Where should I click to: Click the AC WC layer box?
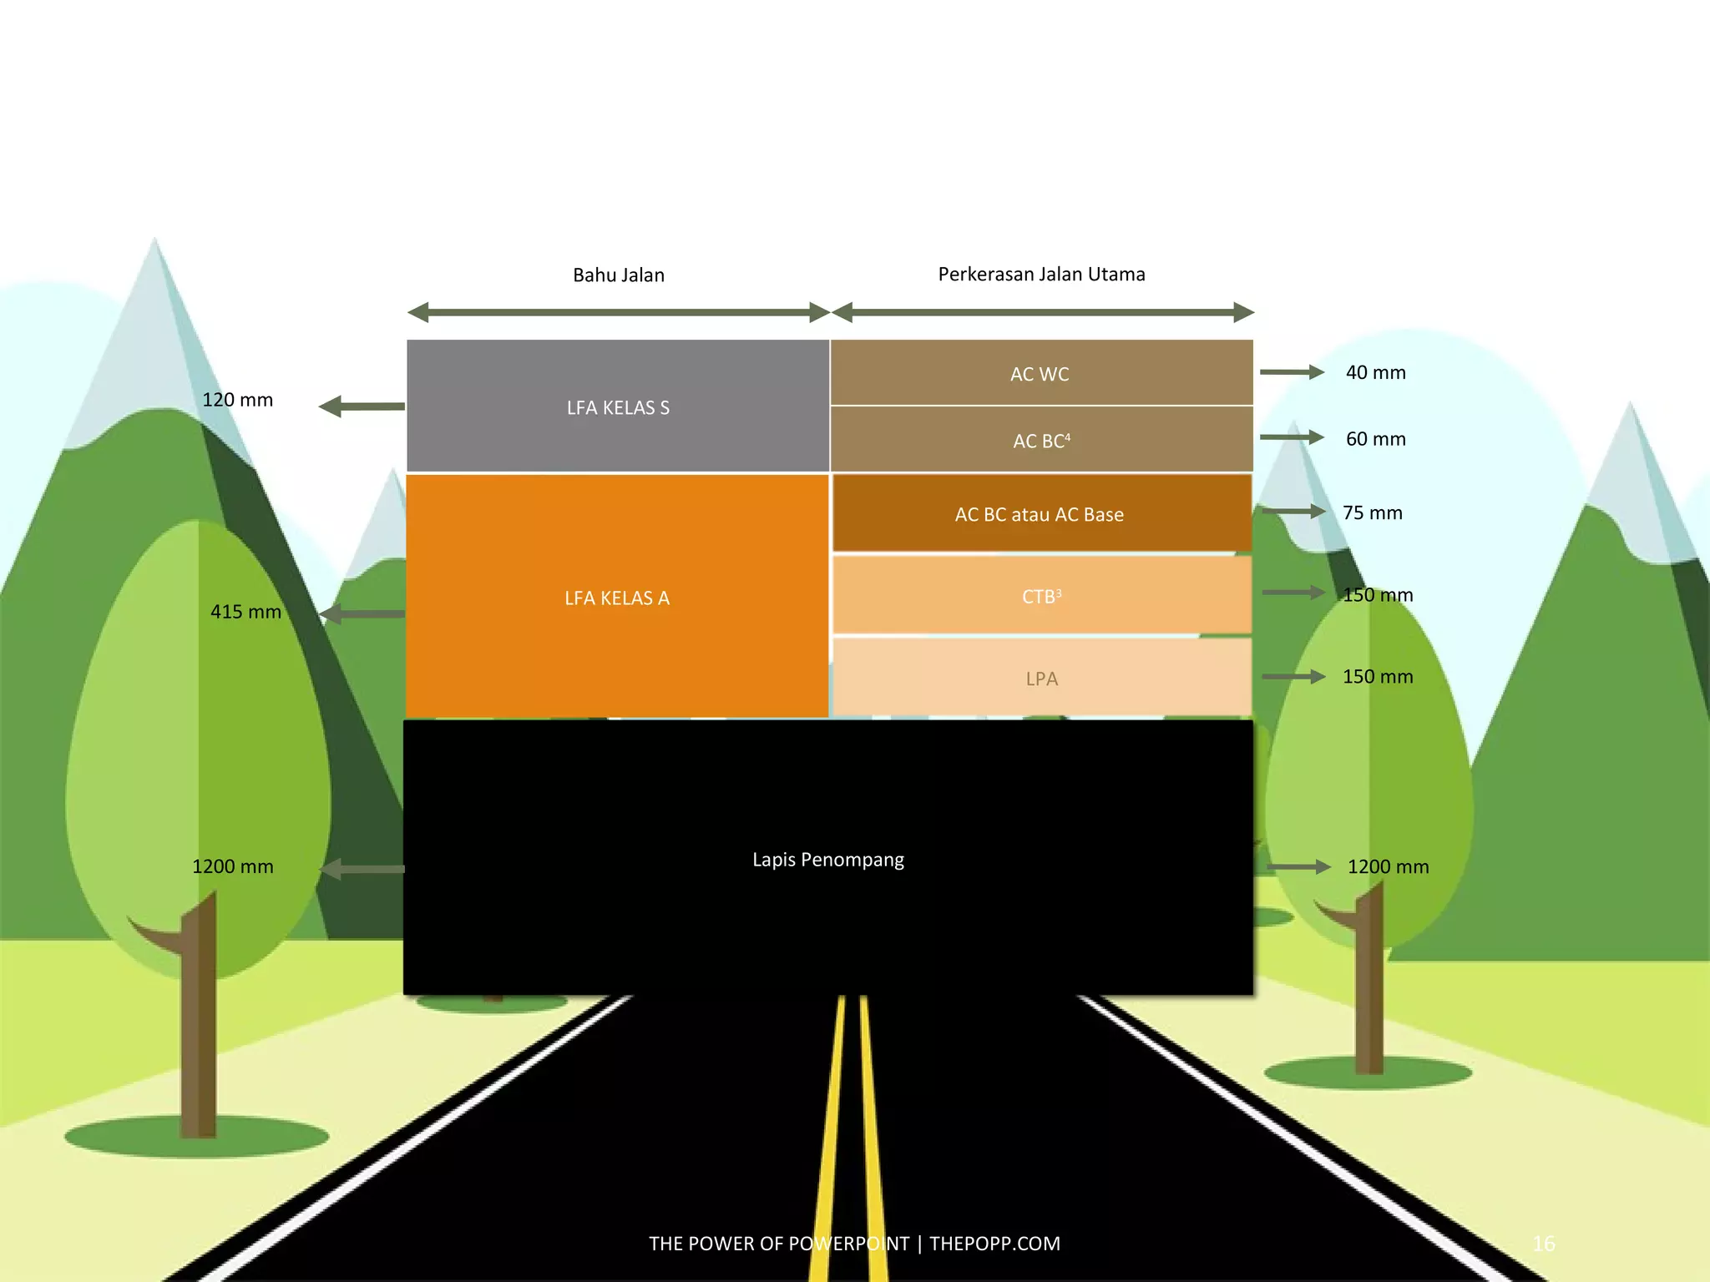(1041, 372)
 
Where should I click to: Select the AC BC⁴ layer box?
(1041, 439)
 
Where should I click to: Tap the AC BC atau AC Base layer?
(1041, 513)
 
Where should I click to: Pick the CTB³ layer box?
(1041, 595)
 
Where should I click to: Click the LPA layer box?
(1041, 677)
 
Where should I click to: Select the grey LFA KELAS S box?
(618, 406)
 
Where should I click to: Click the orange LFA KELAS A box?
(618, 597)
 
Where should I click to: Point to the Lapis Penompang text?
(827, 859)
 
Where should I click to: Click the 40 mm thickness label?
(1375, 372)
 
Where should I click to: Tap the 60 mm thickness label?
(1375, 438)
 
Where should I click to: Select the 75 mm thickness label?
(1372, 512)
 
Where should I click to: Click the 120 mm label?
(237, 399)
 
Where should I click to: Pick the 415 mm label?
(245, 611)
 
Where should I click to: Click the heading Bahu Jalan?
(618, 275)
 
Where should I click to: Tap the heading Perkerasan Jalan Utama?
(1041, 274)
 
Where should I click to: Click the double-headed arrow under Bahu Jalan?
(618, 312)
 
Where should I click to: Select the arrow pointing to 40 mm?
(1292, 371)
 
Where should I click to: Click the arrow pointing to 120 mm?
(362, 406)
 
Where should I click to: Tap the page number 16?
(1543, 1244)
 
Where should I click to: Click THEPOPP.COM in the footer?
(994, 1244)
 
